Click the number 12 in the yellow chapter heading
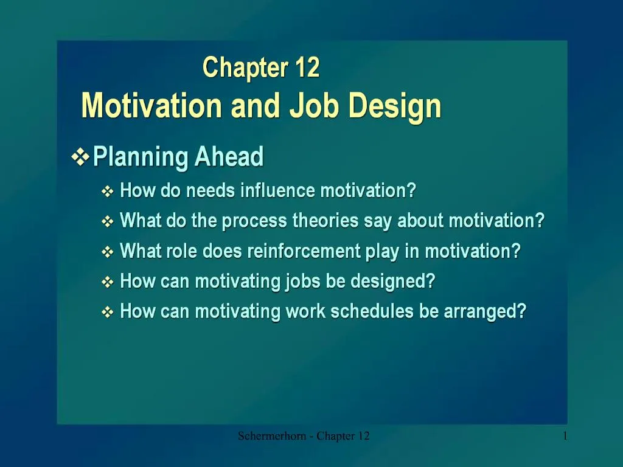[x=307, y=67]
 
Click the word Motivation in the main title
[x=151, y=106]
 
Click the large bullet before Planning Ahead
[x=80, y=157]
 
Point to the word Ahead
[x=229, y=157]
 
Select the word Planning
[x=141, y=157]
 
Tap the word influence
[x=278, y=191]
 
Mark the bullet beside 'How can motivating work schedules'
[x=107, y=313]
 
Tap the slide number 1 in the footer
[x=566, y=435]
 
